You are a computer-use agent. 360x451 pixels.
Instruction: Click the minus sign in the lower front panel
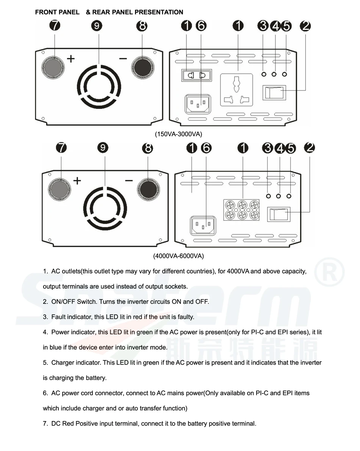(x=129, y=180)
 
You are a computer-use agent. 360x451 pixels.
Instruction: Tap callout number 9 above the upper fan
(x=97, y=26)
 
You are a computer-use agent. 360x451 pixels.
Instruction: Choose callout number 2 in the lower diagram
(x=310, y=148)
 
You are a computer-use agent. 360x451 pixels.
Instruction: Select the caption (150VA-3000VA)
(x=178, y=134)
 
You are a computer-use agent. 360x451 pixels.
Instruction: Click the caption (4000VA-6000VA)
(x=178, y=256)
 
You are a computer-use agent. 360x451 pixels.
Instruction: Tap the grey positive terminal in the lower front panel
(x=59, y=189)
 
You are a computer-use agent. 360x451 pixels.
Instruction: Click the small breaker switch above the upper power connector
(x=197, y=75)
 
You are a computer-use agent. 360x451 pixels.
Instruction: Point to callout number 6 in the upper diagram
(x=201, y=26)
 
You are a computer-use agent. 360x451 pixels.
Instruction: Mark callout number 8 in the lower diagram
(x=147, y=148)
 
